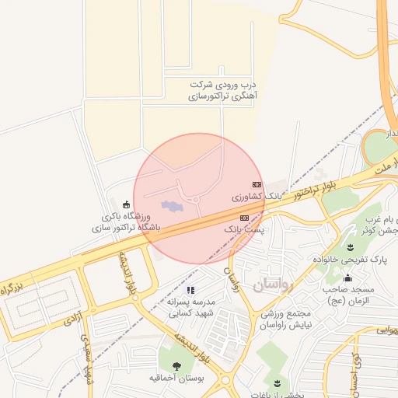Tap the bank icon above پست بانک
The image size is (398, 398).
click(244, 218)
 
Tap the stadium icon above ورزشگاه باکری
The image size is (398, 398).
click(127, 204)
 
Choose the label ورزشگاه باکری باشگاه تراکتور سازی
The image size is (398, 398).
click(125, 222)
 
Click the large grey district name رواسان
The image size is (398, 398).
click(274, 285)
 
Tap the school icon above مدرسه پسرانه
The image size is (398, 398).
click(190, 289)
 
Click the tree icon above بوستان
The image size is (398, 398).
click(176, 365)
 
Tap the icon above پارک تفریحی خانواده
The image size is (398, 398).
click(349, 246)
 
